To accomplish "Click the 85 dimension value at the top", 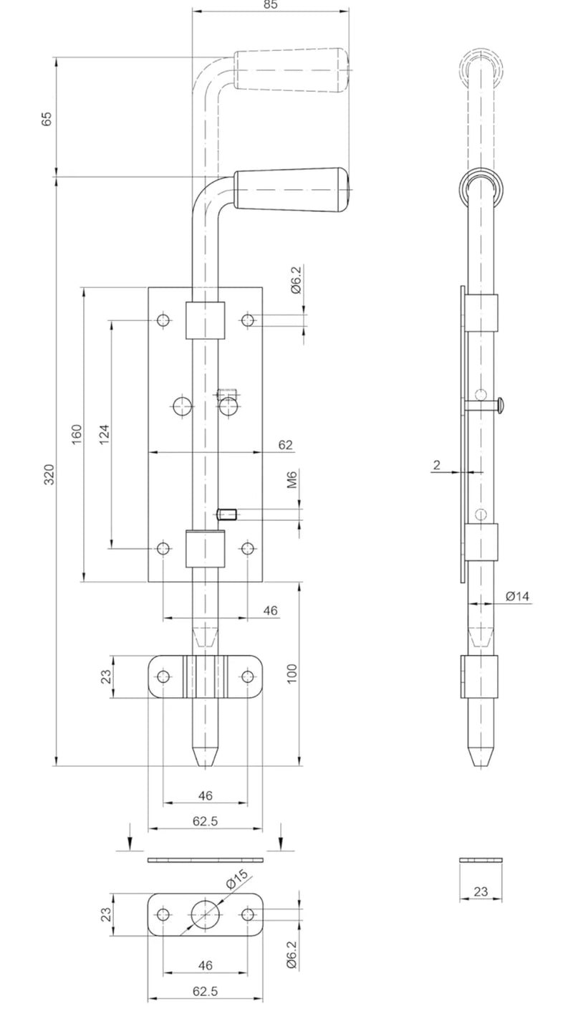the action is click(271, 5).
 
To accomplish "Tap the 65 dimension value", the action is click(47, 118).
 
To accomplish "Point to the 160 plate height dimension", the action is click(77, 434).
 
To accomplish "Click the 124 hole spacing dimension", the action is click(104, 434).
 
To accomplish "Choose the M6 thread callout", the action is click(292, 479).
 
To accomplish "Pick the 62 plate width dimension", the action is click(285, 444).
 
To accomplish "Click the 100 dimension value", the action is click(292, 674).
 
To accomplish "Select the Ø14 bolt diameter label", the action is click(518, 596).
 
